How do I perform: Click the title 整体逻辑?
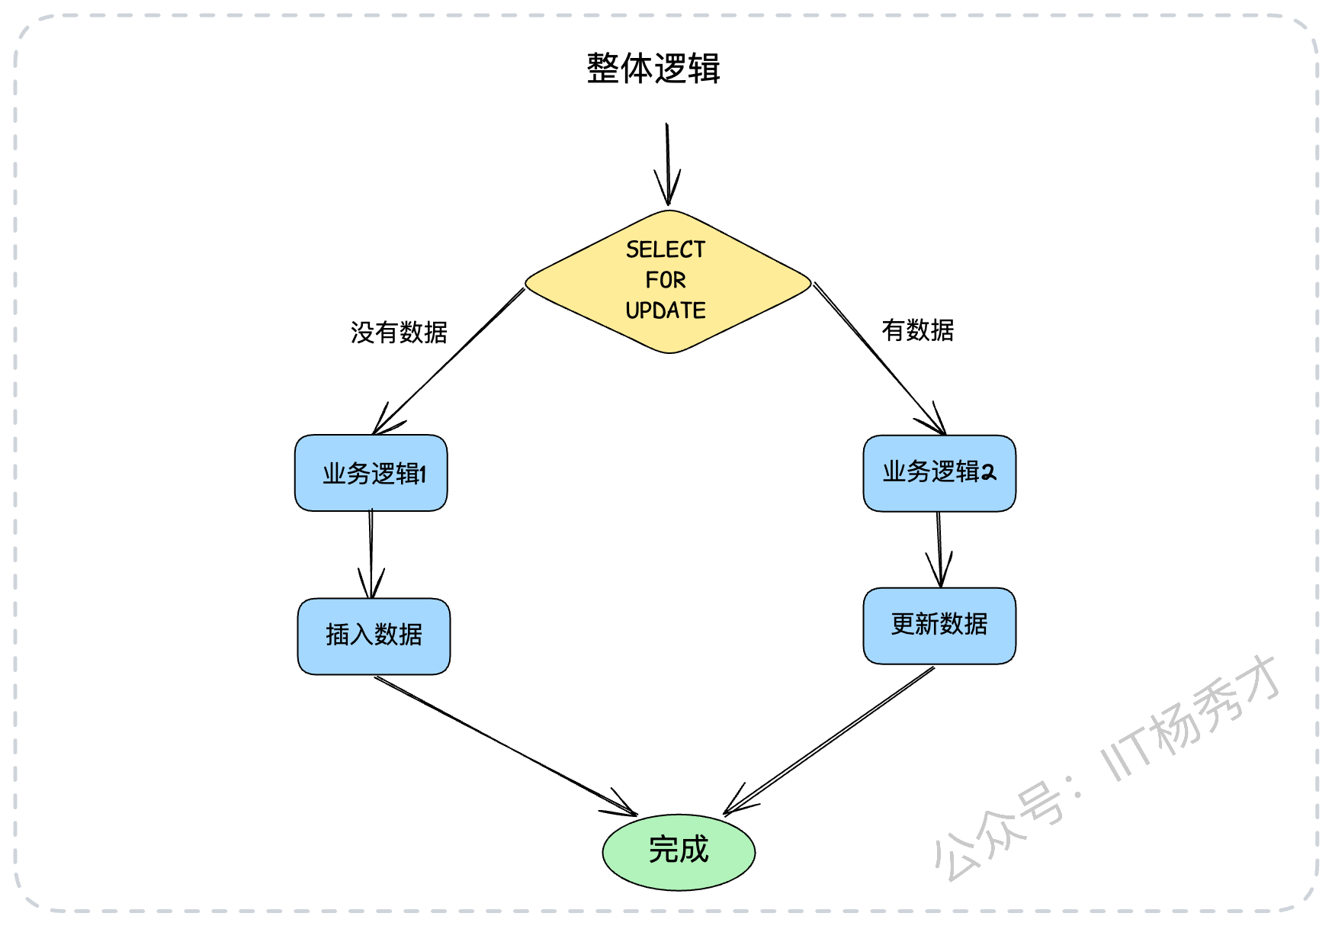point(653,68)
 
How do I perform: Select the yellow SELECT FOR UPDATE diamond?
point(668,281)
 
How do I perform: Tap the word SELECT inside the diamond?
point(666,249)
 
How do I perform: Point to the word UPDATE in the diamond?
point(666,310)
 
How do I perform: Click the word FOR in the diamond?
point(666,280)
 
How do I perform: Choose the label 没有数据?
point(399,333)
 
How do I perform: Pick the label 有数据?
point(918,330)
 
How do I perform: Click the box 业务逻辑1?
point(371,473)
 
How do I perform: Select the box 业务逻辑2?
point(939,473)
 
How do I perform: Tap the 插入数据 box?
point(374,636)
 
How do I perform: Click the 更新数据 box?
point(939,625)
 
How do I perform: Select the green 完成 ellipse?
point(679,852)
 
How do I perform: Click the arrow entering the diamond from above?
point(668,165)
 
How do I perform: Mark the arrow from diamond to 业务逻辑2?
point(880,359)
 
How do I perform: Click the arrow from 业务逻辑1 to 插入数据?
point(371,555)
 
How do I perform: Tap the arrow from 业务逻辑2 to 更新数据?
point(939,549)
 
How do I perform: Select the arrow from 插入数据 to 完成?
point(506,746)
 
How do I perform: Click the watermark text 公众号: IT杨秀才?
point(1107,767)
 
